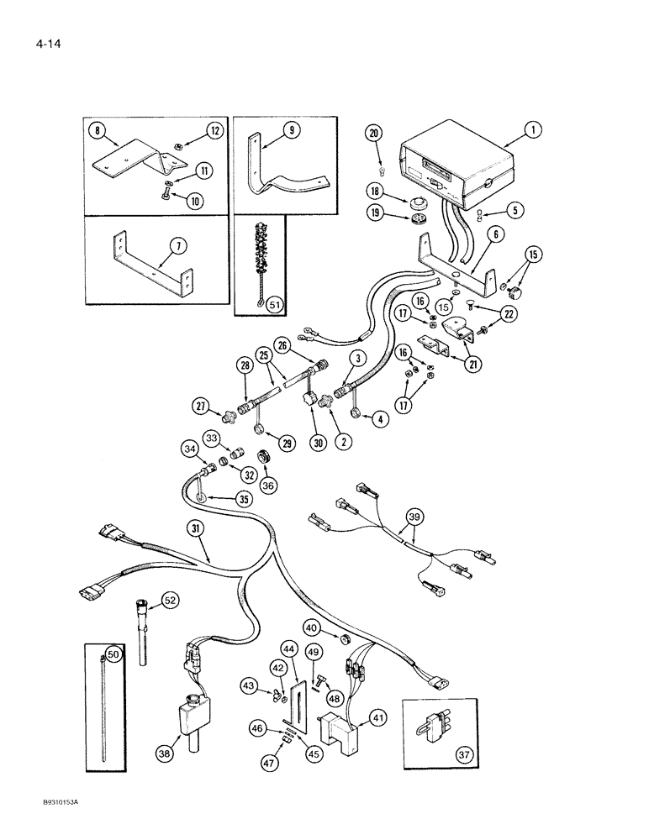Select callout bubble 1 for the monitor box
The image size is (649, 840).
pyautogui.click(x=532, y=130)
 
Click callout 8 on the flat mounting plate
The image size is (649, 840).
pyautogui.click(x=98, y=130)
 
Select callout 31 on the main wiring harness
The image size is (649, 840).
pyautogui.click(x=195, y=530)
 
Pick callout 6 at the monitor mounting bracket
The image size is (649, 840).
pyautogui.click(x=498, y=238)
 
